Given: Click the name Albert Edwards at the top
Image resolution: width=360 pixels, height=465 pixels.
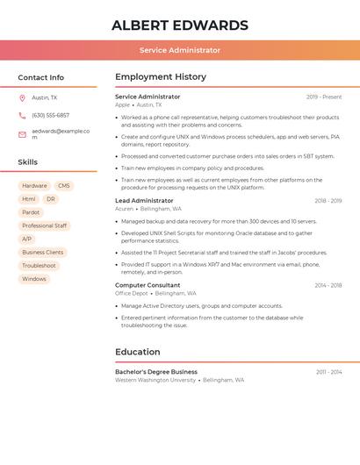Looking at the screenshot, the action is [x=180, y=25].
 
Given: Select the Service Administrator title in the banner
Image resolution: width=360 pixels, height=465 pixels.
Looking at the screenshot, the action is [x=180, y=50].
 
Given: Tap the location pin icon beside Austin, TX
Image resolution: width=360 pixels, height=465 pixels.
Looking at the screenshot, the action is [x=22, y=97].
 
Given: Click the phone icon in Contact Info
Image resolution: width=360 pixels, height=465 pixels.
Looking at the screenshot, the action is [x=22, y=115].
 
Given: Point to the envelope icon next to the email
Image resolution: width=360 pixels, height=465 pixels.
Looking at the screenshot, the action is [x=22, y=132].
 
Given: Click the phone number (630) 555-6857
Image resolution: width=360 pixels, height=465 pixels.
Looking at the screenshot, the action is [x=50, y=115].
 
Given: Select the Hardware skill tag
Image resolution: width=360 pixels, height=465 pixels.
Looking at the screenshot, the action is [x=34, y=186].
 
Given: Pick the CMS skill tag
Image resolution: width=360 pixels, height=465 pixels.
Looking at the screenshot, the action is [x=64, y=186].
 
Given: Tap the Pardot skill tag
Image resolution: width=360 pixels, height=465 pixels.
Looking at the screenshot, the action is [x=31, y=212].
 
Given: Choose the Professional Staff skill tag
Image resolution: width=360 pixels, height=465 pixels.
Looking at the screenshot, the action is [x=44, y=225].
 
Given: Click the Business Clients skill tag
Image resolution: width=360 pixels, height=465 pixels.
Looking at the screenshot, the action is [x=43, y=252].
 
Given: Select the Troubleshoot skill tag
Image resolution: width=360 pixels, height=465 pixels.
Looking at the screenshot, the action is [x=39, y=265].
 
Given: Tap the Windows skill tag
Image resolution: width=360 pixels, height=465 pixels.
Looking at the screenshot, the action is [x=34, y=279].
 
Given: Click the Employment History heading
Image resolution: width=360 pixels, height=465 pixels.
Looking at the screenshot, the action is [x=161, y=77].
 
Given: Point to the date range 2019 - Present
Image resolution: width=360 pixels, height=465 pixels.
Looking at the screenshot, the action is [x=324, y=97].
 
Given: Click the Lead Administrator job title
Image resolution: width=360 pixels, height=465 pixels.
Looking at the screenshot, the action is [x=144, y=201].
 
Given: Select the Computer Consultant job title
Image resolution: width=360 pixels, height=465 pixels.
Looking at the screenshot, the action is [x=148, y=285].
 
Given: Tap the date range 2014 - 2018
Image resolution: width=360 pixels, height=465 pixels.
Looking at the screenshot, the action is [x=328, y=285].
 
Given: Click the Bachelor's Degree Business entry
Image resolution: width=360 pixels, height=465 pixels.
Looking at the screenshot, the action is [x=156, y=372].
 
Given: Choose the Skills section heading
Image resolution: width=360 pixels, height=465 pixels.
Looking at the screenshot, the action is [x=28, y=162].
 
